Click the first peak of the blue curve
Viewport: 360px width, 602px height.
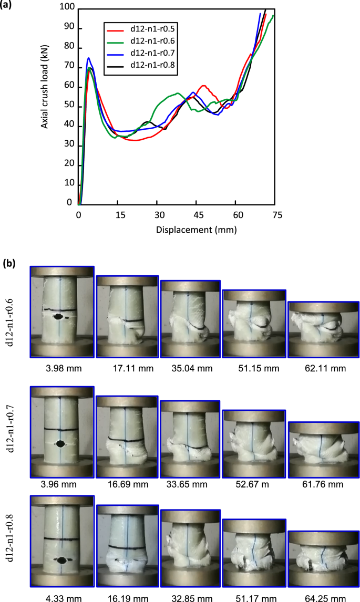pyautogui.click(x=89, y=58)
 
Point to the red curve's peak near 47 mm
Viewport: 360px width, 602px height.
pyautogui.click(x=203, y=86)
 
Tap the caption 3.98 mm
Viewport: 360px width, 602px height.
pyautogui.click(x=62, y=368)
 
